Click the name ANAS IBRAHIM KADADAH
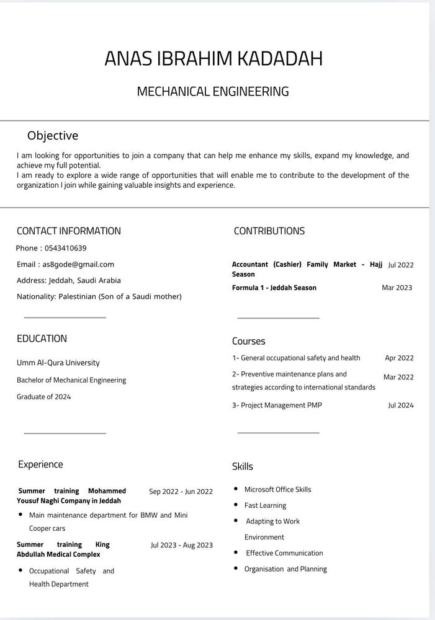pos(213,58)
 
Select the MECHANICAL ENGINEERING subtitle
pos(213,92)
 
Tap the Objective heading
pos(53,136)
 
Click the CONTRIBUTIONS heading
pos(269,231)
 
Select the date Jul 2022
pos(401,265)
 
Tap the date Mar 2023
pos(397,288)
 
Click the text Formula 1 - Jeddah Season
pos(274,288)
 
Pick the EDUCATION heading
pos(42,339)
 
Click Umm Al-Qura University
pos(58,363)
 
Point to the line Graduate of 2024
pos(44,397)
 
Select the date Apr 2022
pos(399,358)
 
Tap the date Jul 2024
pos(401,405)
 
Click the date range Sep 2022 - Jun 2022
pos(181,492)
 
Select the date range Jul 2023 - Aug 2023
pos(182,546)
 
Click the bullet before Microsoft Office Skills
pos(236,489)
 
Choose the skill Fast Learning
pos(265,505)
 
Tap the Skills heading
pos(243,467)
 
